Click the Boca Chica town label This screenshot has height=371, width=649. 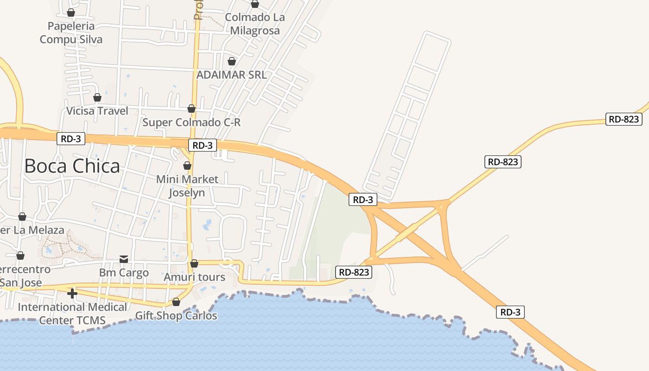(72, 166)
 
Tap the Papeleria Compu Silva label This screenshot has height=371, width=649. (71, 32)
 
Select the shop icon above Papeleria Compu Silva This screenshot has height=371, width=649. (71, 13)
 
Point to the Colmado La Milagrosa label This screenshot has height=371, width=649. (255, 24)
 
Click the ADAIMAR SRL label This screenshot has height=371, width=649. (231, 75)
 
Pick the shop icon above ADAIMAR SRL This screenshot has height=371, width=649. (232, 61)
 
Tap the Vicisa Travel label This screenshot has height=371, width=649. (97, 111)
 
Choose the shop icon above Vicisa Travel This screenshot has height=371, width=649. (97, 97)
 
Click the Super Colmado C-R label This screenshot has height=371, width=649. (191, 122)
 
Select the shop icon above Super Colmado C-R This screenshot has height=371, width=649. (191, 109)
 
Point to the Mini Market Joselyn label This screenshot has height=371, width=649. (187, 185)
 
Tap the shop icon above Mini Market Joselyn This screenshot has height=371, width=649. (187, 166)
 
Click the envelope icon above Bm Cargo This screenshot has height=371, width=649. (124, 259)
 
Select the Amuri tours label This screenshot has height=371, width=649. (194, 277)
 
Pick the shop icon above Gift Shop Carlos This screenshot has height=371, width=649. (176, 302)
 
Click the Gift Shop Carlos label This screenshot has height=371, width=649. (176, 316)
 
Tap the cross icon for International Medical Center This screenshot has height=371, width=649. (72, 293)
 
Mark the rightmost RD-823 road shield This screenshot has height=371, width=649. (624, 119)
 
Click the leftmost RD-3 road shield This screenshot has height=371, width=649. (71, 138)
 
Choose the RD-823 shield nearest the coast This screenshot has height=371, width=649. (354, 272)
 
